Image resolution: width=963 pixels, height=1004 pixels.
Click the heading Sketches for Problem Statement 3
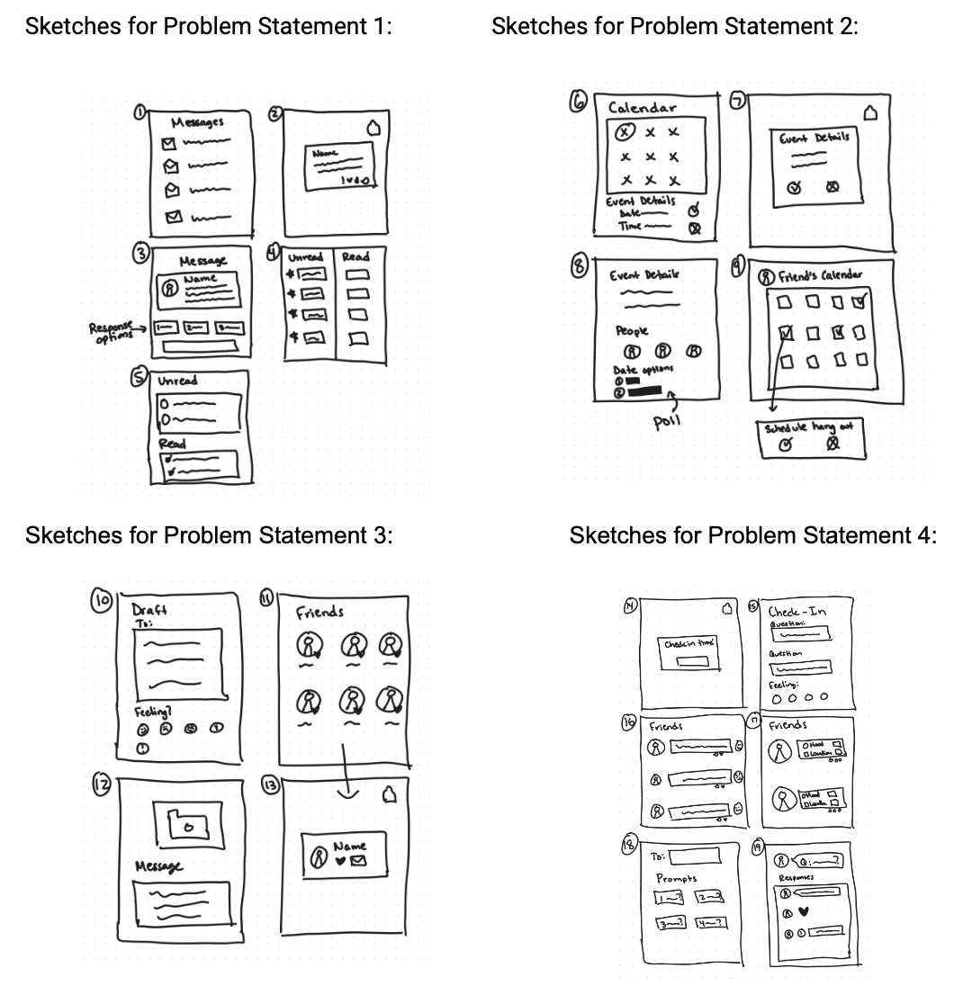[209, 536]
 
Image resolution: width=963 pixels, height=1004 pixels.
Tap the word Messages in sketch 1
[198, 123]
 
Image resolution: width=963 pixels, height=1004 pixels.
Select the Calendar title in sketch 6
[643, 108]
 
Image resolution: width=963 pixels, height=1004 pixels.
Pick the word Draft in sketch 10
[150, 609]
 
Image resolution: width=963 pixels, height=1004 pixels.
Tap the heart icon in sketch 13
[340, 862]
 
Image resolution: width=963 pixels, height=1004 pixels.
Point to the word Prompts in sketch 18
[677, 877]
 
